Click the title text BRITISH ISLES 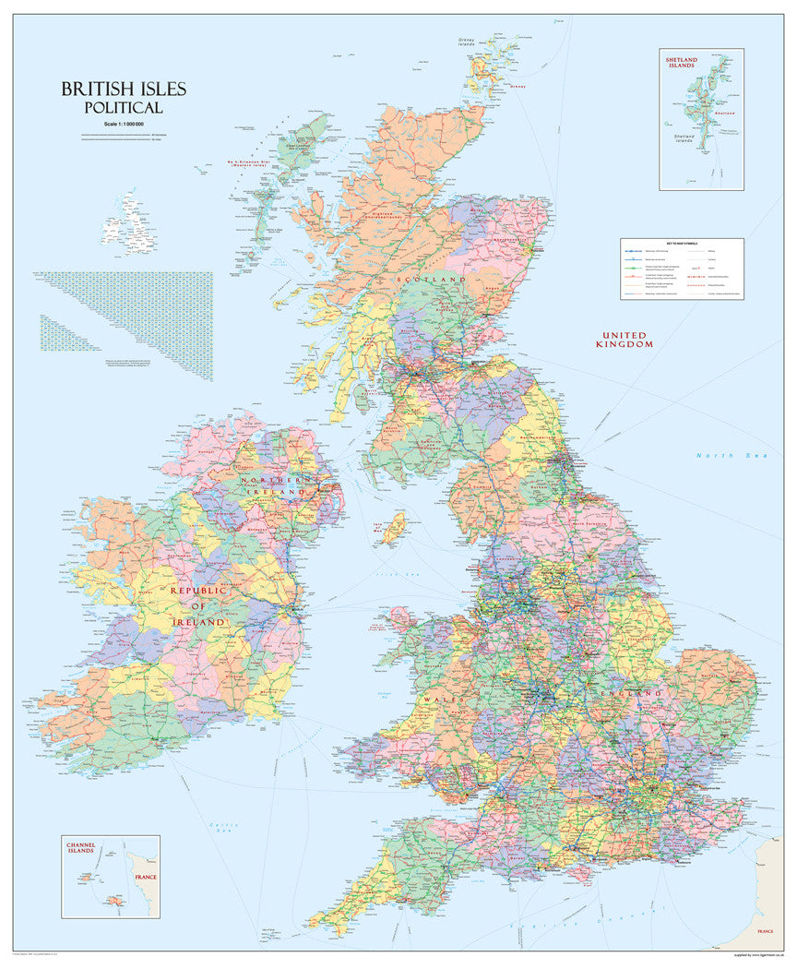(124, 90)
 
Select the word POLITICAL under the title (124, 108)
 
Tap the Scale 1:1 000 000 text (124, 124)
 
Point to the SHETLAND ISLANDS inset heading (682, 63)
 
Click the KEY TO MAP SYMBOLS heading (681, 244)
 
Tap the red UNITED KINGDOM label (626, 340)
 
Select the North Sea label (725, 456)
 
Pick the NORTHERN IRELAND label (273, 486)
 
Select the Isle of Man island (394, 528)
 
